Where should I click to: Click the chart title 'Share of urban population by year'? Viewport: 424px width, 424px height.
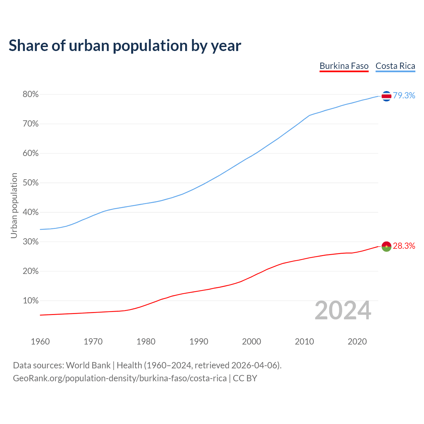(125, 46)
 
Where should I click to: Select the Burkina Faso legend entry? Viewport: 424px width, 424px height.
(344, 66)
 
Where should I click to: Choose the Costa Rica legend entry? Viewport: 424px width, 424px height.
(395, 66)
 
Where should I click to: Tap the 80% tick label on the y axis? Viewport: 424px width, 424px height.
(31, 95)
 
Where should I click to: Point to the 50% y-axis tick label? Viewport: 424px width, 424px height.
(31, 183)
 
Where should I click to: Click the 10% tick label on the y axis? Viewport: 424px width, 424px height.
(31, 301)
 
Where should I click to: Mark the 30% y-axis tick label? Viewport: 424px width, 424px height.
(31, 242)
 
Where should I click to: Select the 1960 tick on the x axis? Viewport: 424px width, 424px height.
(40, 342)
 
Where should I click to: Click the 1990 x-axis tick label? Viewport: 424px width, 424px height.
(199, 342)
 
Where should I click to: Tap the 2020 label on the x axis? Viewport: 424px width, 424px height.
(357, 342)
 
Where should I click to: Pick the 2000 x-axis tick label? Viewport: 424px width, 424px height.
(251, 342)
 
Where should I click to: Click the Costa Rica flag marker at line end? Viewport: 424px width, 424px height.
(386, 96)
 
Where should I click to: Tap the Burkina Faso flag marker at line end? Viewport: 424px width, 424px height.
(386, 246)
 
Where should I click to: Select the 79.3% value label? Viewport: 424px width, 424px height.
(404, 96)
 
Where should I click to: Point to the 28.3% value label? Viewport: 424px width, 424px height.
(404, 246)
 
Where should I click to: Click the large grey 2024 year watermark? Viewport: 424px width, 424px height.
(343, 310)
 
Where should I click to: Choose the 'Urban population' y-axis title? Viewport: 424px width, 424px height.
(14, 205)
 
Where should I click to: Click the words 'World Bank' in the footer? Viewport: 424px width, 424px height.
(88, 365)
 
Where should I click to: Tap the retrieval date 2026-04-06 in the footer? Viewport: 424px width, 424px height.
(254, 365)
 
